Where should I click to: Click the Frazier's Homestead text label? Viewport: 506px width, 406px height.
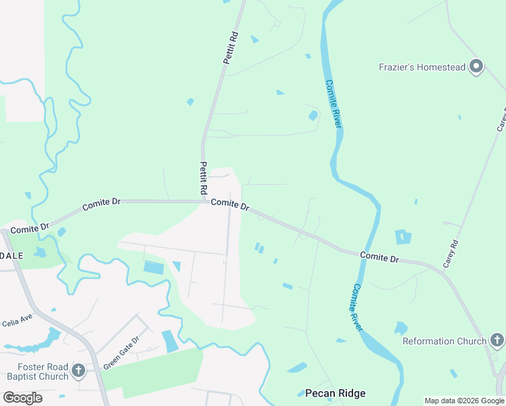tap(422, 67)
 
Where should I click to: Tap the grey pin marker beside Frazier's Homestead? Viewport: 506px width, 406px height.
tap(476, 66)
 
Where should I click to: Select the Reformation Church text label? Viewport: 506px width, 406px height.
tap(444, 341)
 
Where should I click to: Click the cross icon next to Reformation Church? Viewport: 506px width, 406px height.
tap(497, 340)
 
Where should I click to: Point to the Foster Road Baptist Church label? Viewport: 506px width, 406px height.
tap(37, 371)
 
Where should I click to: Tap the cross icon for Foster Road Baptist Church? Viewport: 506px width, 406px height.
tap(78, 371)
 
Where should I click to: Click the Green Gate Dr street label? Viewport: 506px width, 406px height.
tap(121, 353)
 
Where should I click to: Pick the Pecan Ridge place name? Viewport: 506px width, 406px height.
tap(335, 393)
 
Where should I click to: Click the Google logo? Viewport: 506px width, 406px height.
tap(22, 397)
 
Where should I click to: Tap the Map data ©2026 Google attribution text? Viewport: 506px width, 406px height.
tap(464, 401)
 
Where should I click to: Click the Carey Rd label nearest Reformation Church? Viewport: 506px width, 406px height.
tap(451, 254)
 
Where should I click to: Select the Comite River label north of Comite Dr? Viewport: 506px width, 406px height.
tap(333, 103)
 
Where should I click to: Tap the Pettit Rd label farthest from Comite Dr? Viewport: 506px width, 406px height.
tap(231, 47)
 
